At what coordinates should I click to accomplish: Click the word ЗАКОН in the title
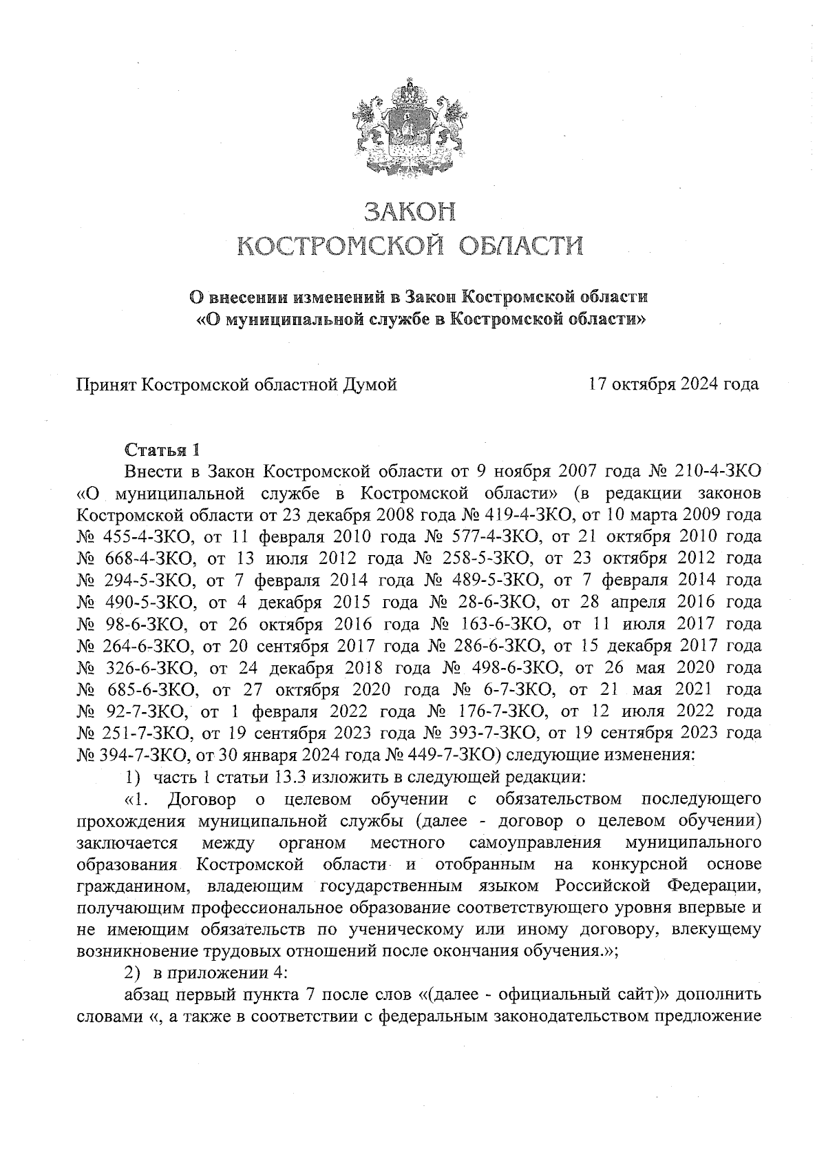click(x=411, y=211)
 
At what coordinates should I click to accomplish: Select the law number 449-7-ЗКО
click(x=452, y=755)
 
